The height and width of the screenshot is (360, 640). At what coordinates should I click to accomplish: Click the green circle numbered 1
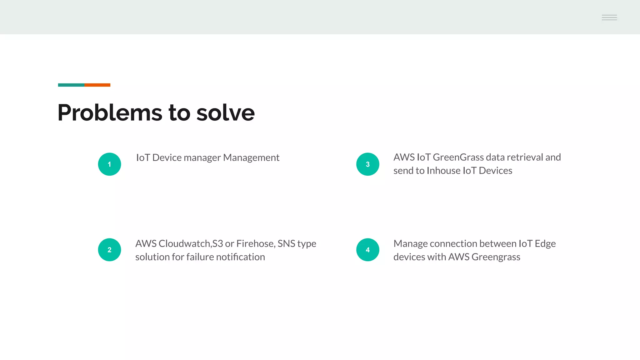tap(109, 164)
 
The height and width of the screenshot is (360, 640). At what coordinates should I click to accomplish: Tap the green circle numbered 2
tap(109, 250)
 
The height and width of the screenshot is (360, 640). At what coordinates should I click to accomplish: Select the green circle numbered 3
tap(367, 164)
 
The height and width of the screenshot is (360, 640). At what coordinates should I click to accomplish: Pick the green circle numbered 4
tap(367, 250)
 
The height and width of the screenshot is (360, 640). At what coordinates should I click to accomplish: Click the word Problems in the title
tap(110, 112)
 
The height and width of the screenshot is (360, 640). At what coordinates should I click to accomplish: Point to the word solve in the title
tap(225, 112)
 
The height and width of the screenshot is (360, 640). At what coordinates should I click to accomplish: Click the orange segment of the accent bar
tap(97, 85)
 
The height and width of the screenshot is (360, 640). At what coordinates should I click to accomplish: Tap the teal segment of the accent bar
tap(71, 85)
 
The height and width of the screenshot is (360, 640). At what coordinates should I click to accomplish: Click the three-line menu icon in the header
tap(609, 17)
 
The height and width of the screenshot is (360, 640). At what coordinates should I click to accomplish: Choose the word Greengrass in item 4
tap(496, 257)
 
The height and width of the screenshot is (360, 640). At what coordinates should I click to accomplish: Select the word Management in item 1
tap(251, 157)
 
